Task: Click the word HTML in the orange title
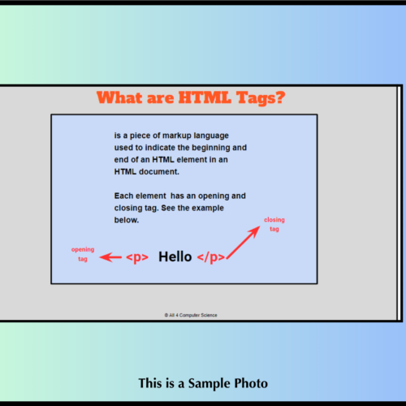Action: click(205, 97)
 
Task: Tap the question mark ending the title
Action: click(280, 97)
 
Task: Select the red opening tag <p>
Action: click(137, 257)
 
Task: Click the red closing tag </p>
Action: click(211, 257)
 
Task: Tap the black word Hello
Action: click(175, 257)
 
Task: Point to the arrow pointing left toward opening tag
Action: click(110, 257)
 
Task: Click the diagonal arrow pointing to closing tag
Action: click(244, 242)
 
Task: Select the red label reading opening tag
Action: click(83, 254)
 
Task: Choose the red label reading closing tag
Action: click(274, 224)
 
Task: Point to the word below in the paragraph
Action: click(127, 220)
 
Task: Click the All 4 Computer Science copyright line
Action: click(191, 315)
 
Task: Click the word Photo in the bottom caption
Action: click(251, 383)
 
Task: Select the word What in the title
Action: click(119, 97)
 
